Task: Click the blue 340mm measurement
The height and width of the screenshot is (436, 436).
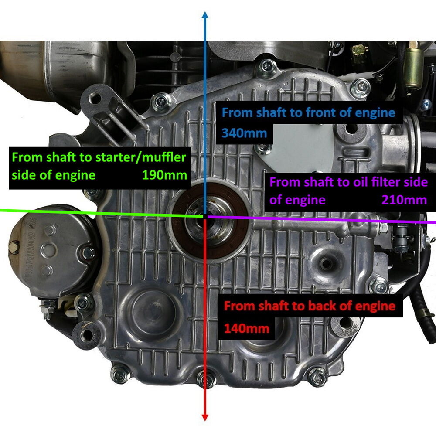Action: coord(244,133)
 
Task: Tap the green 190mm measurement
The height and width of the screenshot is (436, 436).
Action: coord(164,175)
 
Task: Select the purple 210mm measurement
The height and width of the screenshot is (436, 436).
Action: coord(404,200)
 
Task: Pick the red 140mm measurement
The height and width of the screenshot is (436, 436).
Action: coord(247,329)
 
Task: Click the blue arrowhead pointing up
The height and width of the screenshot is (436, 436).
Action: coord(205,15)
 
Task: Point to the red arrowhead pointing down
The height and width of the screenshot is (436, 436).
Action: coord(205,417)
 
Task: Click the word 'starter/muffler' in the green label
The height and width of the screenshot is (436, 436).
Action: coord(141,158)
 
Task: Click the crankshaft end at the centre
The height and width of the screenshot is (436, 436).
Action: coord(205,217)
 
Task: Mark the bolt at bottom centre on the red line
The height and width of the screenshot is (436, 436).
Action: coord(206,379)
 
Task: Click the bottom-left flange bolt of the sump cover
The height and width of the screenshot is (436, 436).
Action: coord(120,375)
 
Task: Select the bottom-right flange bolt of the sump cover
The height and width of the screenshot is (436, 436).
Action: coord(318,377)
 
